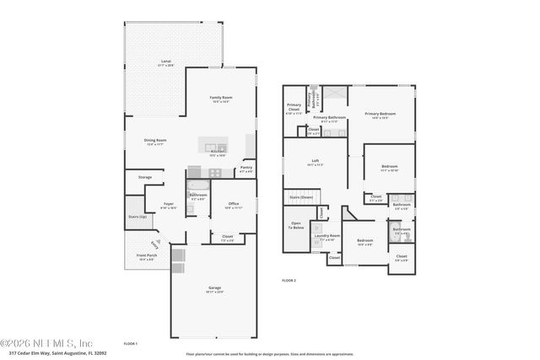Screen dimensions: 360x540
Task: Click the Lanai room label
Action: pos(166,62)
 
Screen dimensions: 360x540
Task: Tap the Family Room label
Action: pos(221,98)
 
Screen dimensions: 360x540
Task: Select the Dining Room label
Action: pos(155,140)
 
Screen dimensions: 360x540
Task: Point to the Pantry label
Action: pos(246,167)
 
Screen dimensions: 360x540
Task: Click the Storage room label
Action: pos(145,177)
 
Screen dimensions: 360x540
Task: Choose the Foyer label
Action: pos(169,203)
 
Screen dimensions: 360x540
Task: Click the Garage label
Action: pos(215,287)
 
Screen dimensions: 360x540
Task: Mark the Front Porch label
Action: pos(146,255)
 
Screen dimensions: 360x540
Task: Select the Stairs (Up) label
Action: pos(137,217)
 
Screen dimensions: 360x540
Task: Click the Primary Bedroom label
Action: pos(380,114)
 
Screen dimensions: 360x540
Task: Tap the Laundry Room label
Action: pos(327,236)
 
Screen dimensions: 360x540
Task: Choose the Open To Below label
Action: pos(296,225)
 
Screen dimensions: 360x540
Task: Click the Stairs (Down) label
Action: pos(301,197)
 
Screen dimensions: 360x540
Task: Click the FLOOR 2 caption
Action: pos(289,279)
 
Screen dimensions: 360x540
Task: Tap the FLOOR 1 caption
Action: pos(130,343)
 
